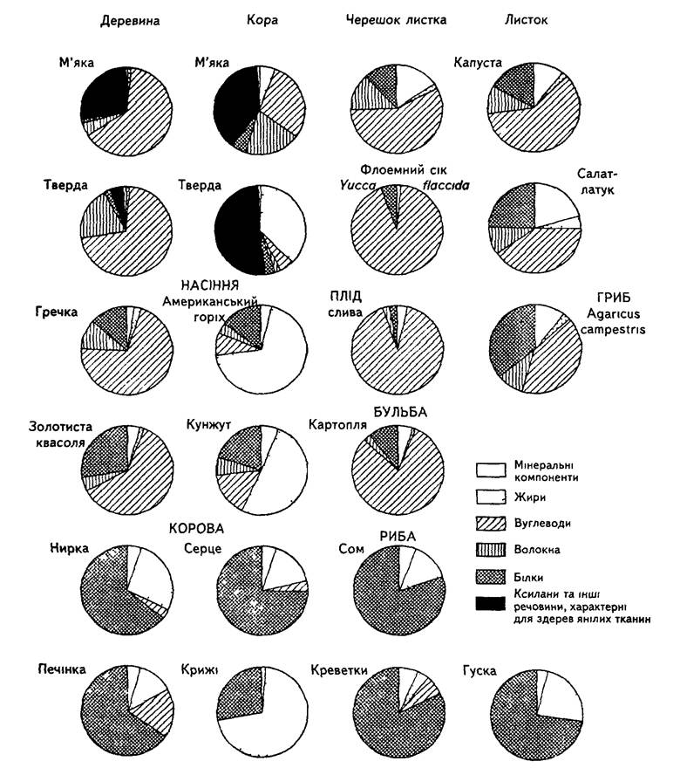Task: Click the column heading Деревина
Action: tap(130, 21)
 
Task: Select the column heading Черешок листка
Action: tap(396, 20)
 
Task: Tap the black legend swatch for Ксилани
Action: tap(491, 603)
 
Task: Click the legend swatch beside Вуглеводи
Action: tap(491, 523)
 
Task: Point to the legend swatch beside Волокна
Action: tap(491, 550)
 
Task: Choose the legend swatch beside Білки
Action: tap(491, 577)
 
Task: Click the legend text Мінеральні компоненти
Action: tap(546, 470)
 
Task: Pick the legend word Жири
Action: tap(530, 497)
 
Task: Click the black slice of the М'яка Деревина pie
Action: tap(105, 94)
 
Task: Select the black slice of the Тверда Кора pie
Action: tap(237, 231)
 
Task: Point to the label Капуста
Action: tap(478, 63)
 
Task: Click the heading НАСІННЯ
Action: tap(210, 285)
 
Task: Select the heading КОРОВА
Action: tap(197, 529)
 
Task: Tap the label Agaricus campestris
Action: tap(613, 321)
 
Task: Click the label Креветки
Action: tap(339, 669)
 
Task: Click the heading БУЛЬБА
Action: tap(400, 412)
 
